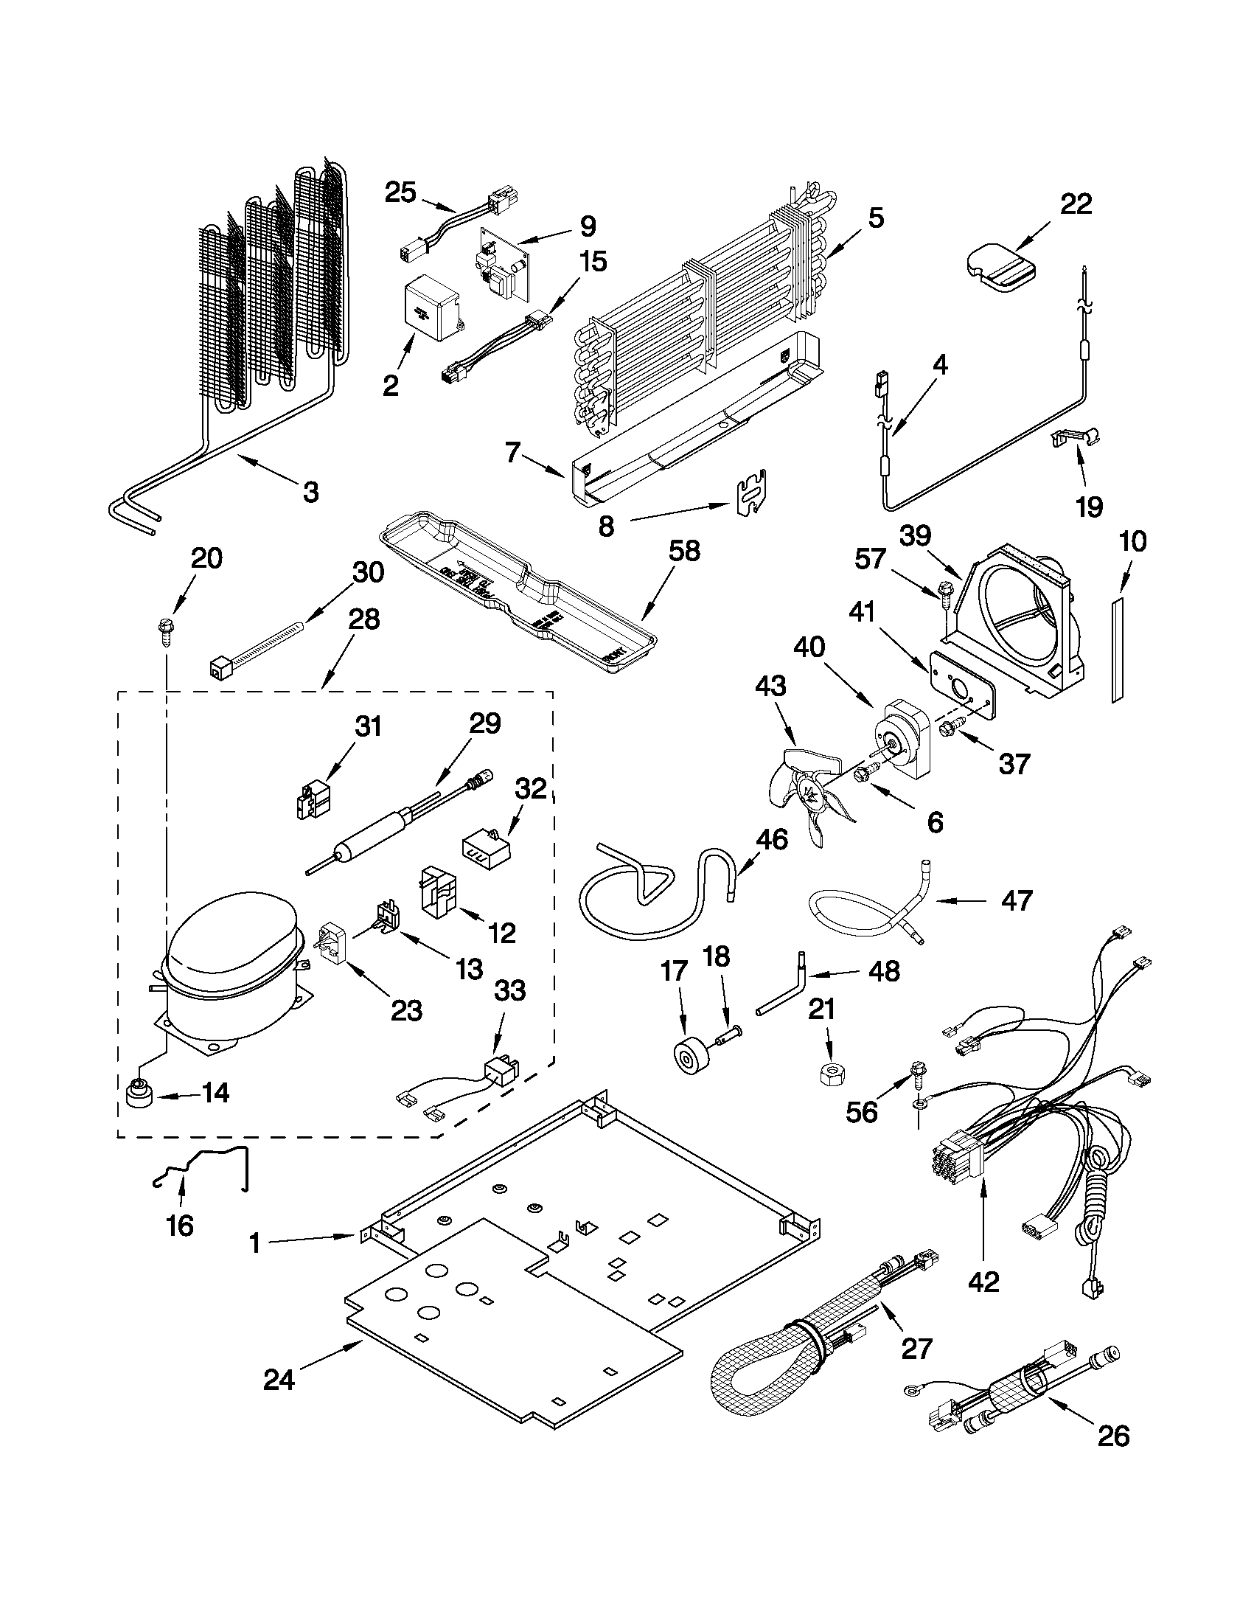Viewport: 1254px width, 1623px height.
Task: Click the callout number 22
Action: tap(1076, 204)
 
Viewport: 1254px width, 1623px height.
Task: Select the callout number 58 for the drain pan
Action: tap(683, 552)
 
